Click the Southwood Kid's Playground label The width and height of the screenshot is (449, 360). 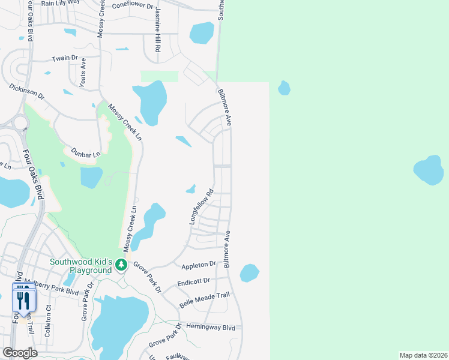(x=81, y=266)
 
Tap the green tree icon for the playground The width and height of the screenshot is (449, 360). (x=121, y=265)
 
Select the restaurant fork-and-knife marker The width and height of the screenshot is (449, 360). (x=23, y=301)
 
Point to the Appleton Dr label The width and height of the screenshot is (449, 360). (x=197, y=264)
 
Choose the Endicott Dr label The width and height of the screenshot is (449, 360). (x=194, y=281)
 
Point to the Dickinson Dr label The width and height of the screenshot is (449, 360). (x=27, y=91)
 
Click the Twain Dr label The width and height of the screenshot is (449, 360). (x=65, y=58)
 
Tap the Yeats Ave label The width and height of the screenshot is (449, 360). (x=83, y=76)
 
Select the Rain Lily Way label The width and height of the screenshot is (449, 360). (x=61, y=2)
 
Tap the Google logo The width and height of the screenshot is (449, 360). (x=20, y=353)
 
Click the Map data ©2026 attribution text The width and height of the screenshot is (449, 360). (x=423, y=355)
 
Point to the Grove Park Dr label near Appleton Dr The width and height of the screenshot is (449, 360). (x=148, y=275)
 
